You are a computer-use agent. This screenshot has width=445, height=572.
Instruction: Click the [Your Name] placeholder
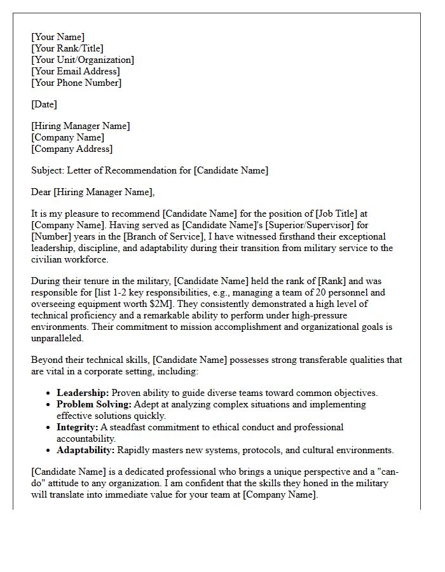pos(58,37)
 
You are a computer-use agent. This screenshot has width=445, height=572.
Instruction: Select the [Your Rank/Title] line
pos(67,48)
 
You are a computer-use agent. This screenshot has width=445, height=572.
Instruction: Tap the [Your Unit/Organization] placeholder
pos(83,60)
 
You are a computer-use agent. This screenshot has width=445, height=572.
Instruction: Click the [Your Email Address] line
pos(75,71)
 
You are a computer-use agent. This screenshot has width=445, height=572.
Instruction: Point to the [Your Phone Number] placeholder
pos(76,83)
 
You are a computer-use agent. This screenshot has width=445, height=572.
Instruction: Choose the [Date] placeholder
pos(44,104)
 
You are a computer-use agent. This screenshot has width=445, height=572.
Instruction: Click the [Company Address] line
pos(72,149)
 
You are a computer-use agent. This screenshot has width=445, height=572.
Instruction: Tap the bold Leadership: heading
pos(83,393)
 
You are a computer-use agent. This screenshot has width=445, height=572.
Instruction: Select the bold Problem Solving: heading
pos(93,404)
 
